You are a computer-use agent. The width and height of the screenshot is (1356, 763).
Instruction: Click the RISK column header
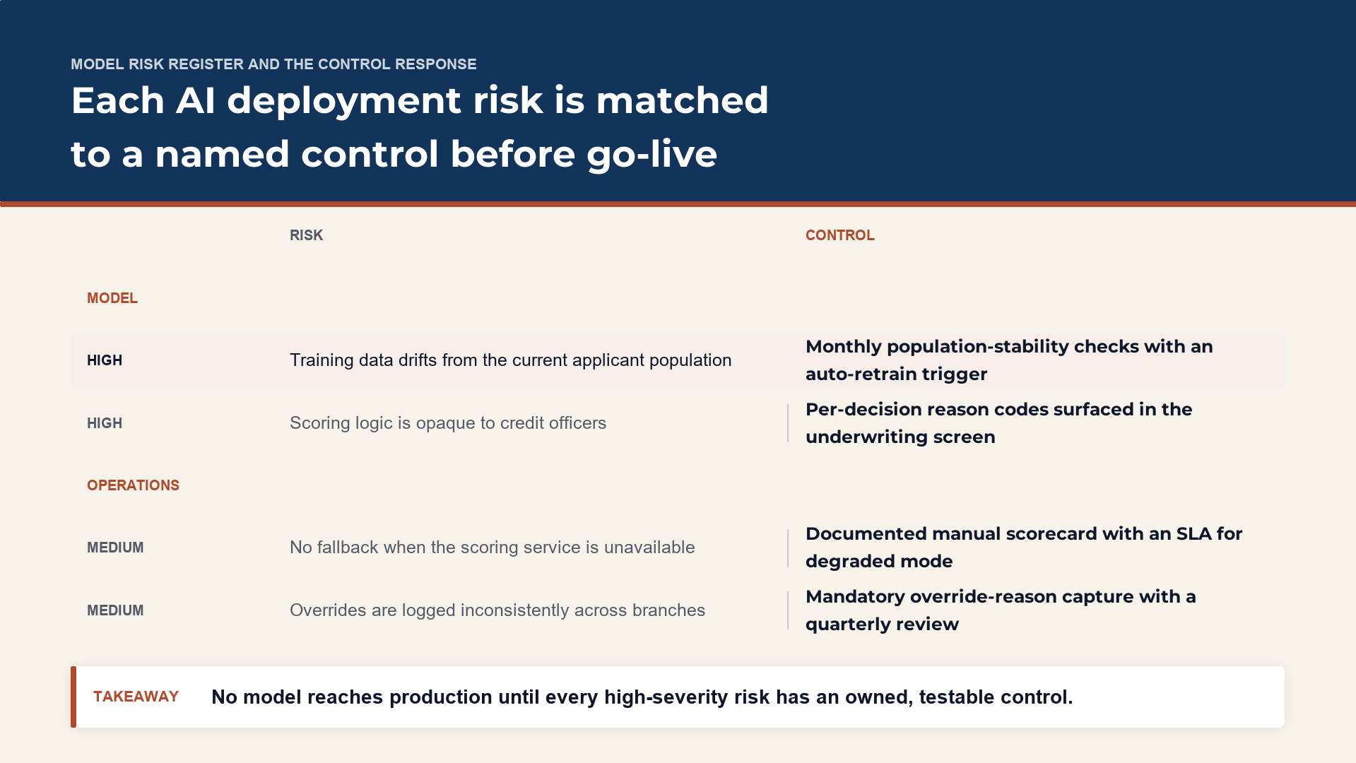click(306, 235)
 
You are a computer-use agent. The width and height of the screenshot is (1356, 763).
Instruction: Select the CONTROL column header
click(839, 235)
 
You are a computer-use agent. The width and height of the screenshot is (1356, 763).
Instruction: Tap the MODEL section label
click(112, 298)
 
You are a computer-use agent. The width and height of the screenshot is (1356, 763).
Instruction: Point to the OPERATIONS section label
click(133, 485)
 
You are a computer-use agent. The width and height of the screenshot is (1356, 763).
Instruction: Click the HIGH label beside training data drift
click(105, 360)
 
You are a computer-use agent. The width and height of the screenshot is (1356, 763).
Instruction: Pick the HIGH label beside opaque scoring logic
click(105, 423)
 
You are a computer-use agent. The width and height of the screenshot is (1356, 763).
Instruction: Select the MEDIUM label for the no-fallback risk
click(115, 548)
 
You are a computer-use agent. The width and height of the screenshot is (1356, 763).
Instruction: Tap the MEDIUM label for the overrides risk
click(115, 610)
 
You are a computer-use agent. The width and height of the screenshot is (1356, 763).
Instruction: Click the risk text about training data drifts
click(510, 360)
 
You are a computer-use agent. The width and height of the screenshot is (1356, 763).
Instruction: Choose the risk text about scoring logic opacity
click(448, 423)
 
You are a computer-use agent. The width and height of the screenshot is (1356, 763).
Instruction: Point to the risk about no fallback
click(493, 548)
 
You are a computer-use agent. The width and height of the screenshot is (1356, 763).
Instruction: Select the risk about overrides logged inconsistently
click(497, 610)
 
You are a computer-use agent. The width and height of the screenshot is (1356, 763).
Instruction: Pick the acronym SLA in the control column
click(1194, 533)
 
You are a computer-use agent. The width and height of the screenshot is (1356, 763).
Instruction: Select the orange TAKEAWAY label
click(136, 697)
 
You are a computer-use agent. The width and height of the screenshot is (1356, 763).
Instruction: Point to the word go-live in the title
click(652, 154)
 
